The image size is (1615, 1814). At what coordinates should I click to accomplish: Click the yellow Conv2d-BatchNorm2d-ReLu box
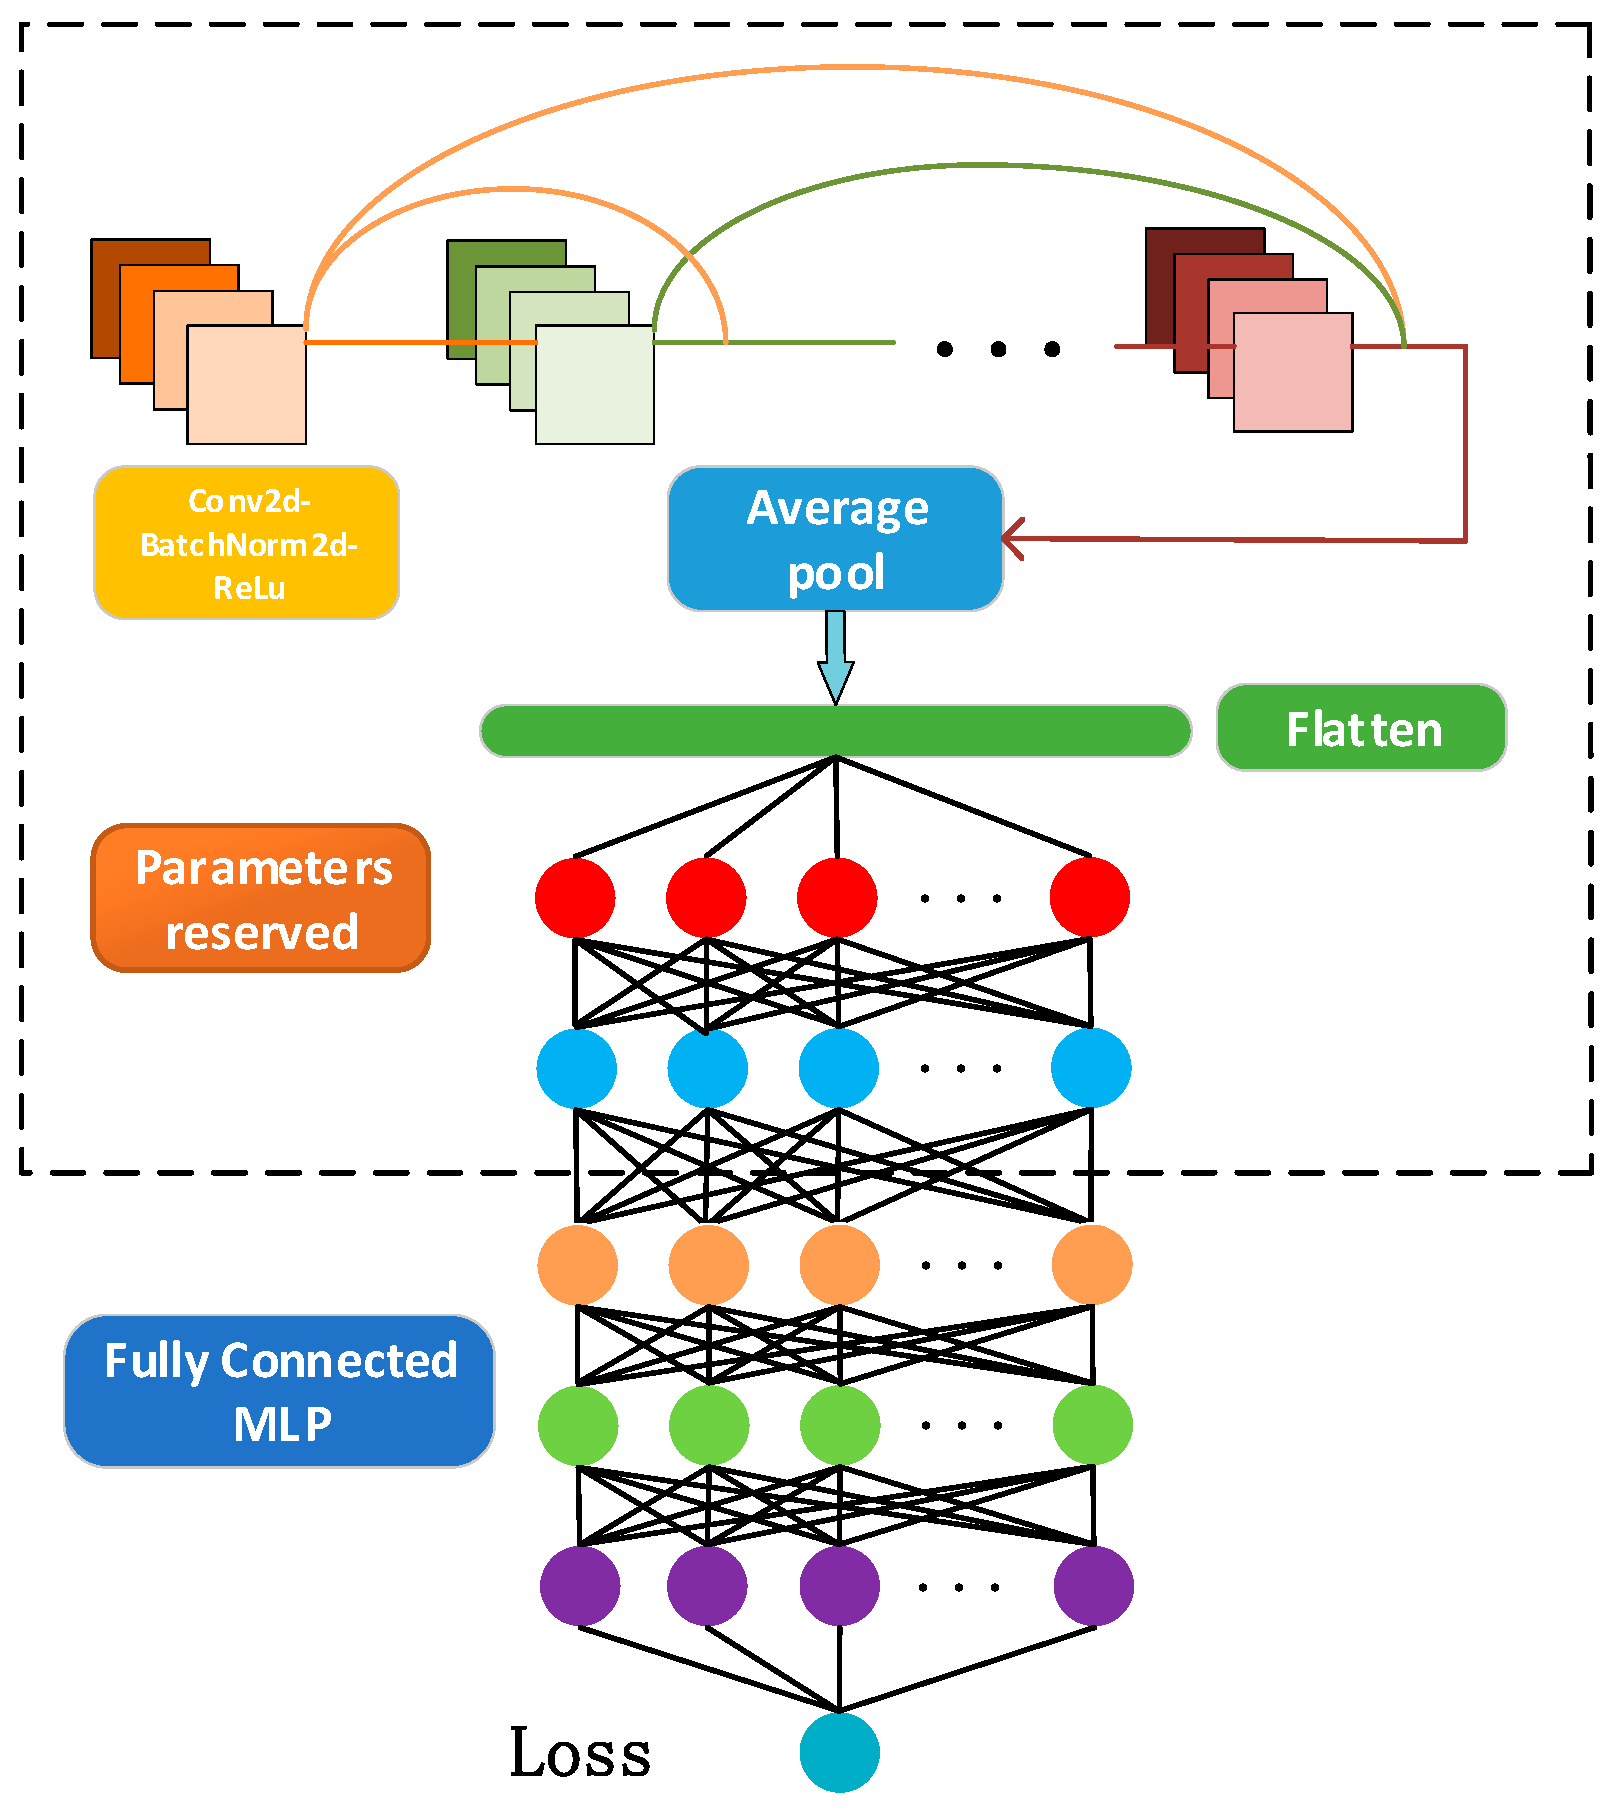246,542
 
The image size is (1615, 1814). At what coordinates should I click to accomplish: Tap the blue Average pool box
835,539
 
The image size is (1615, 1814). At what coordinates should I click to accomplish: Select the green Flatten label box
1361,728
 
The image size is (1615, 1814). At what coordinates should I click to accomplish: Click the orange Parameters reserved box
261,898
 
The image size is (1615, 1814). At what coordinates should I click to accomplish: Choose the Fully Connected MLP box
279,1391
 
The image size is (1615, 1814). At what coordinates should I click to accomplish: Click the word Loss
580,1753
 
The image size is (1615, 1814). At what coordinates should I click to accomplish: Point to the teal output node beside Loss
839,1752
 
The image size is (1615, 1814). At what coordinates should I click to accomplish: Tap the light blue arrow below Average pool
835,656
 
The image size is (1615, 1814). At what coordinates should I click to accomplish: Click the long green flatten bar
835,731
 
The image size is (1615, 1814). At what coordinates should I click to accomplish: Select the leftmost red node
575,897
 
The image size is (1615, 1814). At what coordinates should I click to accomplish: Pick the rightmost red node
1089,897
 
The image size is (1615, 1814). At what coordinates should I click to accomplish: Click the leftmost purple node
579,1585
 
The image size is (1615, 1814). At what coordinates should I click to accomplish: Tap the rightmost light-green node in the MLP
1092,1424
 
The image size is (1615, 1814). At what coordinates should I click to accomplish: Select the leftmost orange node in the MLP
577,1265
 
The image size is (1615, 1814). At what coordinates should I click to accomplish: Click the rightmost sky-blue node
1090,1068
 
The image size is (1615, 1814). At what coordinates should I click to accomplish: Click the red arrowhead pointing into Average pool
1012,539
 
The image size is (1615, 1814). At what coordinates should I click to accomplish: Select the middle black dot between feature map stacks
998,349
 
